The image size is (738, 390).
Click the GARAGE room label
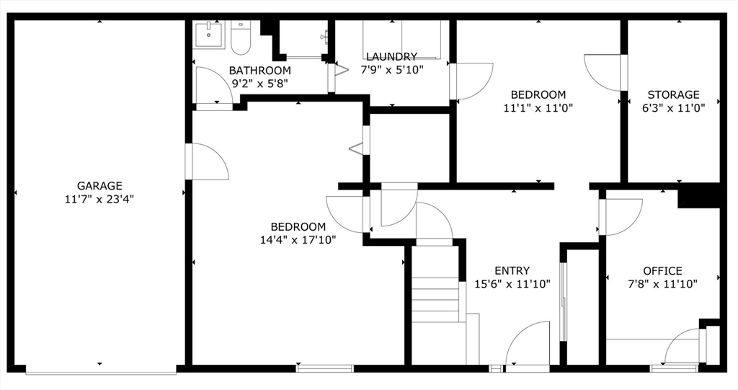click(x=99, y=186)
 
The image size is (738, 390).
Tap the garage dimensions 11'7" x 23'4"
click(x=99, y=199)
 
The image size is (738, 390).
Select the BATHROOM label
click(x=260, y=71)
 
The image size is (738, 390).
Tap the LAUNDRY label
click(x=391, y=57)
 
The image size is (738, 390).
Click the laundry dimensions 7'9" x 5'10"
click(x=391, y=70)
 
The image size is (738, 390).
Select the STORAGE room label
click(x=673, y=94)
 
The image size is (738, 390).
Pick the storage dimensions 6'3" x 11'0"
click(x=673, y=107)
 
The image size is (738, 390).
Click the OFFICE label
click(x=662, y=271)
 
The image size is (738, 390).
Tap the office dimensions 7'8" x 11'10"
click(x=662, y=284)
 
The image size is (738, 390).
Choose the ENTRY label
click(x=512, y=271)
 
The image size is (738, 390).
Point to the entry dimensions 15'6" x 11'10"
click(x=512, y=284)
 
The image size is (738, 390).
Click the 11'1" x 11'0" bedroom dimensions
click(x=538, y=107)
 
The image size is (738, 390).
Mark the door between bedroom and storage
click(x=604, y=72)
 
